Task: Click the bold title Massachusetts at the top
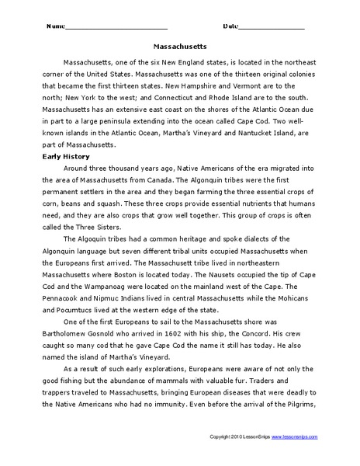click(x=180, y=45)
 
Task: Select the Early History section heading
click(x=67, y=156)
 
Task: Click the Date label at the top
click(x=232, y=26)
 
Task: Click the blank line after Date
click(x=272, y=28)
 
